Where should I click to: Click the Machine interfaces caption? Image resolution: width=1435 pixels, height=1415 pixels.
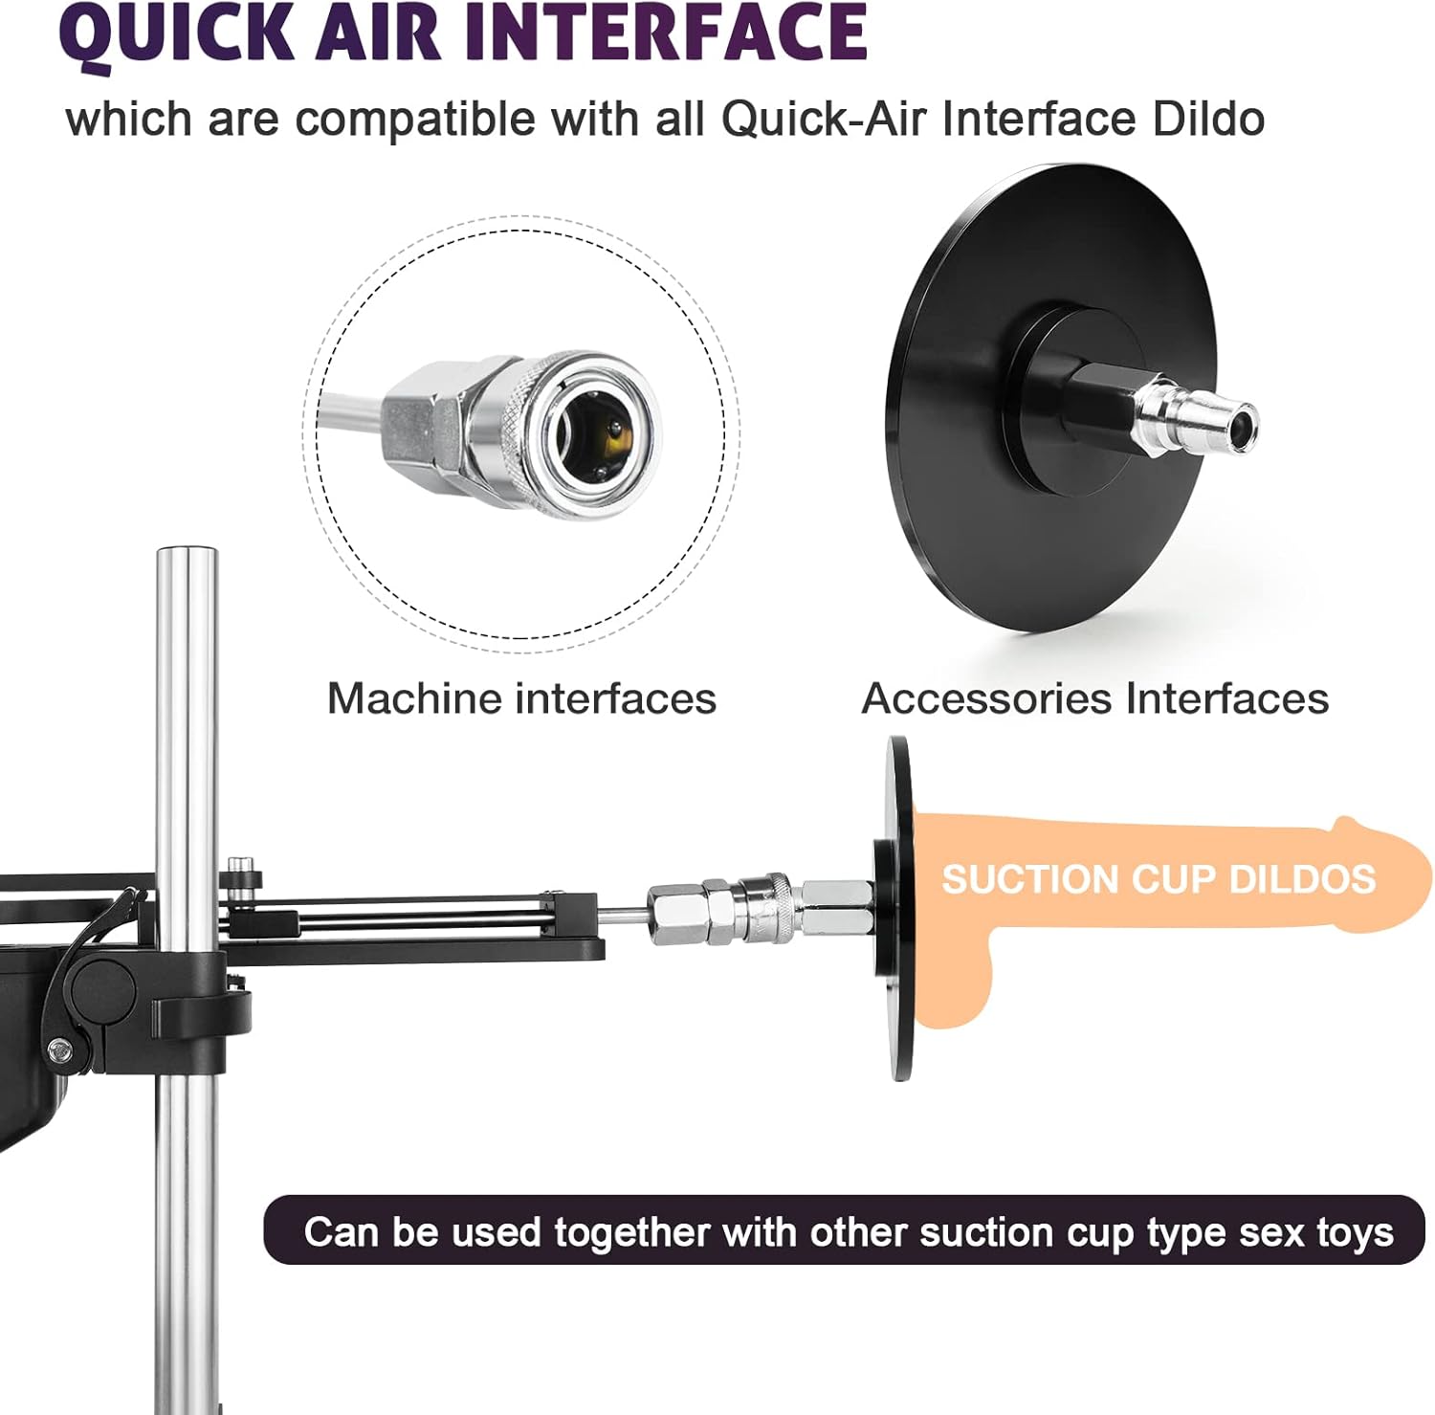coord(521,698)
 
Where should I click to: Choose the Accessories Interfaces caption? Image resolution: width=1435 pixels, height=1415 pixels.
coord(1094,698)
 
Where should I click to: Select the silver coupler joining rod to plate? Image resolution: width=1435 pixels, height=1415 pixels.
coord(756,909)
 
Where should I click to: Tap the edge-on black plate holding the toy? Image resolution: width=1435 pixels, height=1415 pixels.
coord(898,909)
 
